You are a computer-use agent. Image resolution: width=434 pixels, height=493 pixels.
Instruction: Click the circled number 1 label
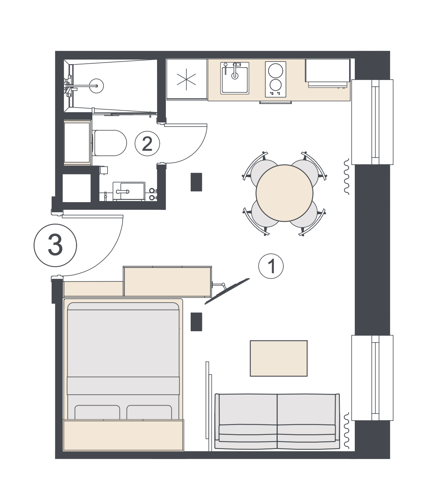271,266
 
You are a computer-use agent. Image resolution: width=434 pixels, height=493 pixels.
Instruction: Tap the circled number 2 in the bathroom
147,144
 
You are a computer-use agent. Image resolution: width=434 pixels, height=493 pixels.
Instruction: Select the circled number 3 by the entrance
55,245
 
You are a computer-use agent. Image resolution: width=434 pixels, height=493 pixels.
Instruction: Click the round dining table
284,193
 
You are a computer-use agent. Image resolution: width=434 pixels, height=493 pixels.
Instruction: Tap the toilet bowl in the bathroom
110,143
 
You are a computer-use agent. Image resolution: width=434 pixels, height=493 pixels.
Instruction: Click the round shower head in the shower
96,86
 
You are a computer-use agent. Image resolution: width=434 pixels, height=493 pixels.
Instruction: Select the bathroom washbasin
129,192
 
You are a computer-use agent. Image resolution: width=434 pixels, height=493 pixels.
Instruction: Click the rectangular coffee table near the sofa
279,358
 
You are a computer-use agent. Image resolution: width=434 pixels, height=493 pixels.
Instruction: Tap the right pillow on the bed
149,412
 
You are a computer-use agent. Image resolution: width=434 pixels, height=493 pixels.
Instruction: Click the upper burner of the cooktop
276,71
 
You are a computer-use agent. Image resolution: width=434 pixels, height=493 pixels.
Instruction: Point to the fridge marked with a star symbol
187,79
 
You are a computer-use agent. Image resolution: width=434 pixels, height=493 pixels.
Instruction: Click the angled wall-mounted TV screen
227,291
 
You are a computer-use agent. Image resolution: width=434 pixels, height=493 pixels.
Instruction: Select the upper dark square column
196,182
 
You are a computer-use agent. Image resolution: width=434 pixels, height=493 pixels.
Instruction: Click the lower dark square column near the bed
196,322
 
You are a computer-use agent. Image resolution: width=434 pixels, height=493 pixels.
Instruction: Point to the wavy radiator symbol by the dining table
346,177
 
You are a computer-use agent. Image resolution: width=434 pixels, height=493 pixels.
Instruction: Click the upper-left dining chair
260,168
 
